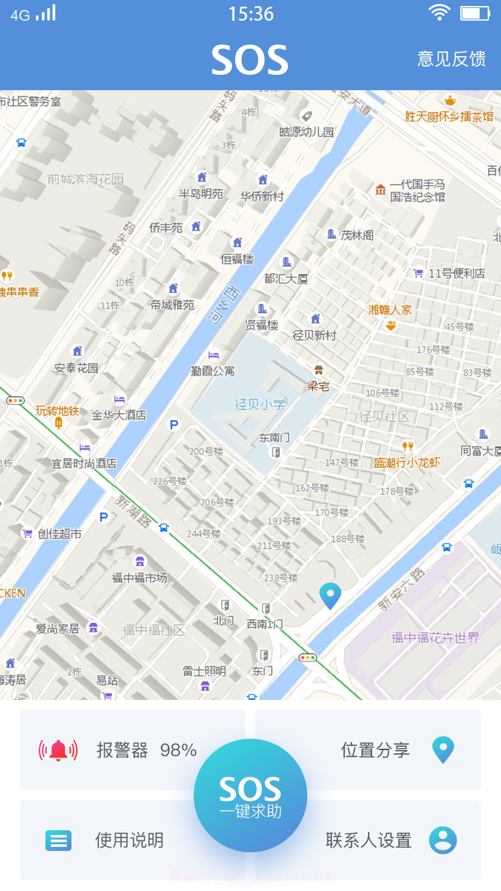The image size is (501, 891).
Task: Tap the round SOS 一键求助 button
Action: pyautogui.click(x=251, y=795)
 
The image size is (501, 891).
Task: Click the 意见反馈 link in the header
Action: pyautogui.click(x=451, y=59)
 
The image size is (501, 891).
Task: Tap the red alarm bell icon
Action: pyautogui.click(x=58, y=751)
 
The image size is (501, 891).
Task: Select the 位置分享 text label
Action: pyautogui.click(x=375, y=750)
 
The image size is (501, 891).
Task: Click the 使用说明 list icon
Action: pyautogui.click(x=58, y=840)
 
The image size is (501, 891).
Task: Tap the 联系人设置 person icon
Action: pyautogui.click(x=442, y=840)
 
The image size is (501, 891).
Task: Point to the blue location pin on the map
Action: pyautogui.click(x=330, y=594)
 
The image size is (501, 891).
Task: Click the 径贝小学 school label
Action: pyautogui.click(x=260, y=404)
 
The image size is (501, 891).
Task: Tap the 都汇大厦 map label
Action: pyautogui.click(x=286, y=279)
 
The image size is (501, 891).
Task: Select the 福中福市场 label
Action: pyautogui.click(x=140, y=578)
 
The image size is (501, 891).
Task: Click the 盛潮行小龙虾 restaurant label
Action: pyautogui.click(x=406, y=462)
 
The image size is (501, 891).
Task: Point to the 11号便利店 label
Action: pyautogui.click(x=457, y=273)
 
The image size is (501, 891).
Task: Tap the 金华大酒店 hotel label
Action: pyautogui.click(x=119, y=415)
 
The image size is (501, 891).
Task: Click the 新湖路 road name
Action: pyautogui.click(x=133, y=511)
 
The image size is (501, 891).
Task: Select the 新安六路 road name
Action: pyautogui.click(x=401, y=590)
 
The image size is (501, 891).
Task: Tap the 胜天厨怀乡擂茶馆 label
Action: pyautogui.click(x=449, y=116)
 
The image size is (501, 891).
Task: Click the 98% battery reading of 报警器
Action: pyautogui.click(x=178, y=751)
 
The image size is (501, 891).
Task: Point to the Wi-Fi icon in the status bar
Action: pyautogui.click(x=439, y=13)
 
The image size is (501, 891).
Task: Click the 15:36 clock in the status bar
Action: pyautogui.click(x=251, y=13)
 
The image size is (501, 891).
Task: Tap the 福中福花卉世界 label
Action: pyautogui.click(x=436, y=638)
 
